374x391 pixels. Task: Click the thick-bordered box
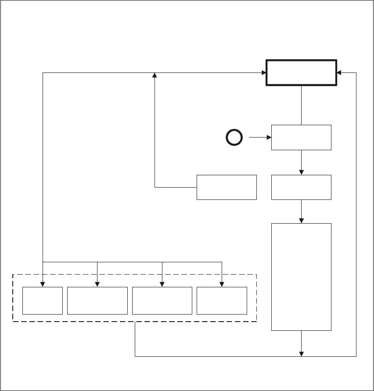(301, 72)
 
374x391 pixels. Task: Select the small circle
(234, 138)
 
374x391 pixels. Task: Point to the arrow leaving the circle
(259, 138)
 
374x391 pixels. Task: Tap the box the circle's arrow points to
(301, 138)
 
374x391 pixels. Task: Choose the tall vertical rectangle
(301, 277)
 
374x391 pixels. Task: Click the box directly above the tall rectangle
(301, 187)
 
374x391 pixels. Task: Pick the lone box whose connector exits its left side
(227, 187)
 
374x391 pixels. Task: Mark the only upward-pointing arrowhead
(155, 76)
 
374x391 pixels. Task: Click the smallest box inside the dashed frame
(42, 301)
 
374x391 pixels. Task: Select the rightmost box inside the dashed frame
(222, 301)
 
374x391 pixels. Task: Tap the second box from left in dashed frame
(97, 301)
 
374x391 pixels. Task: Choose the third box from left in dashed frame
(162, 301)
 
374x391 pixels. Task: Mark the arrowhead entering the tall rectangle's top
(302, 221)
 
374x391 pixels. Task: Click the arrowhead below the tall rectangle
(302, 353)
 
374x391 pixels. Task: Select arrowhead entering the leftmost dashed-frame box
(43, 285)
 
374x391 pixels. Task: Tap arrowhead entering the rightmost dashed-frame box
(222, 285)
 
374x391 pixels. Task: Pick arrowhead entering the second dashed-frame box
(97, 285)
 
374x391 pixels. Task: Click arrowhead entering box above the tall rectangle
(302, 172)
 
